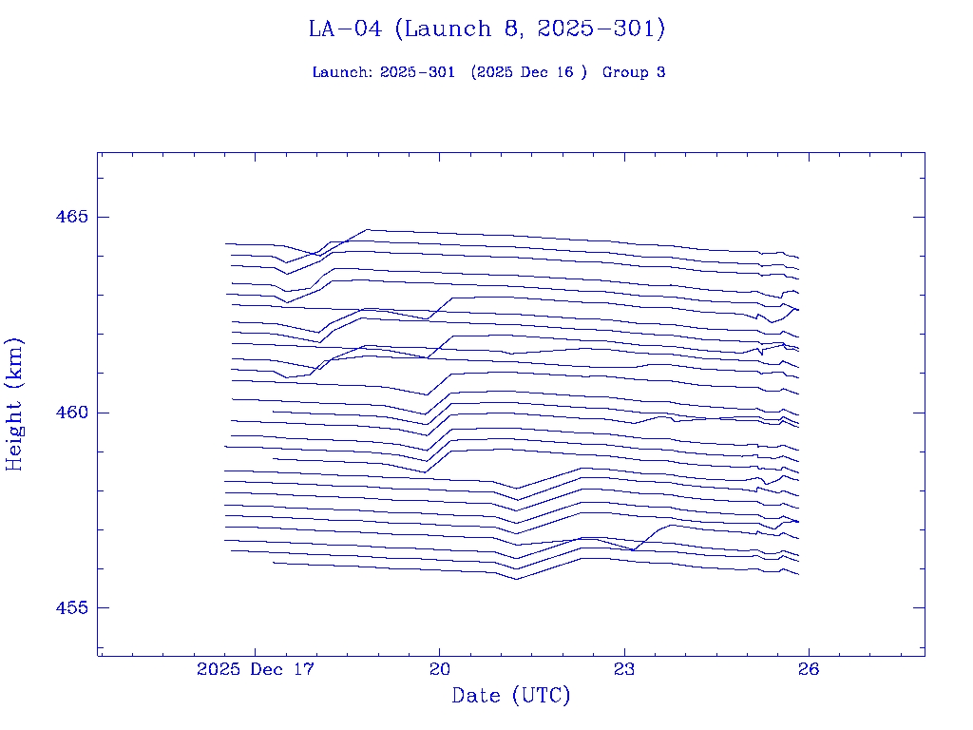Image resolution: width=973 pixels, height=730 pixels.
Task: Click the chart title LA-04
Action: (x=345, y=29)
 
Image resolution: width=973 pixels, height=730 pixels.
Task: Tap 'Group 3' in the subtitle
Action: (x=634, y=72)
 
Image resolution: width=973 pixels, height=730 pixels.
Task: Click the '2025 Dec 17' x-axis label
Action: (x=255, y=669)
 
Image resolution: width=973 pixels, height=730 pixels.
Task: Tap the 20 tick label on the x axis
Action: (x=439, y=669)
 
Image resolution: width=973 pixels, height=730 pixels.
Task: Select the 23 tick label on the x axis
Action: (x=624, y=669)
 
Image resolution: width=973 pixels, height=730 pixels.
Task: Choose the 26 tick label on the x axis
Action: (x=809, y=669)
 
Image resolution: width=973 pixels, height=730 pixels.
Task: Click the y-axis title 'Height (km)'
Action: (x=14, y=404)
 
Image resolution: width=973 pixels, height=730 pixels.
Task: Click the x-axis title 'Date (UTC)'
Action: (x=511, y=696)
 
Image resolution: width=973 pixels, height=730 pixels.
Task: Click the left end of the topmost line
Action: (x=225, y=243)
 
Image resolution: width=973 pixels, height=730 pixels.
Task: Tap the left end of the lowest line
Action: (x=273, y=563)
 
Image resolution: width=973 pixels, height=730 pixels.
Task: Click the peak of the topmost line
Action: (x=368, y=229)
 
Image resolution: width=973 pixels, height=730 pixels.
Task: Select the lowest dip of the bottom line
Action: (x=516, y=579)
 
